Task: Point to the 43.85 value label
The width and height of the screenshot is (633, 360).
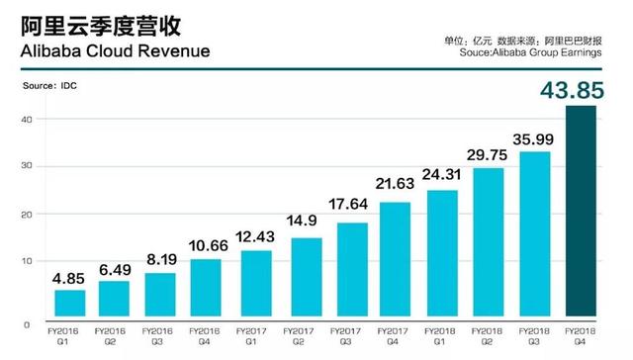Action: coord(582,90)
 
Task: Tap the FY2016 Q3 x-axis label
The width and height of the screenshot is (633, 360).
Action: coord(162,335)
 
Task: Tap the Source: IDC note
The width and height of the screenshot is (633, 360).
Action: coord(49,88)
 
